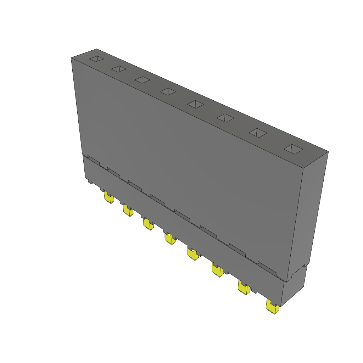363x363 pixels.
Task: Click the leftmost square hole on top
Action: click(x=97, y=59)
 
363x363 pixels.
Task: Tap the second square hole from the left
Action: click(x=119, y=69)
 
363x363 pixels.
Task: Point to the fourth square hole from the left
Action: click(x=168, y=91)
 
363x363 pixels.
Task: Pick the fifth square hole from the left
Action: click(x=196, y=104)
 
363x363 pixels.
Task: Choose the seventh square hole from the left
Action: click(x=258, y=133)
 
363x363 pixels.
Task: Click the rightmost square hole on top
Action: click(x=293, y=149)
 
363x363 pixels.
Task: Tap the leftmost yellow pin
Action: click(x=109, y=198)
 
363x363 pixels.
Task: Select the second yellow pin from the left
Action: click(x=128, y=211)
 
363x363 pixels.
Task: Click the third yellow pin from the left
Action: click(x=149, y=224)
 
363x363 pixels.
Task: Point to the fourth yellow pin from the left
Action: click(x=170, y=239)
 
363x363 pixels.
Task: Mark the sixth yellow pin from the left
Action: click(x=217, y=270)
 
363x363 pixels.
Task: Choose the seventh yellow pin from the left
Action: click(x=244, y=288)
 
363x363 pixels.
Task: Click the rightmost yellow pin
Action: click(x=272, y=307)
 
